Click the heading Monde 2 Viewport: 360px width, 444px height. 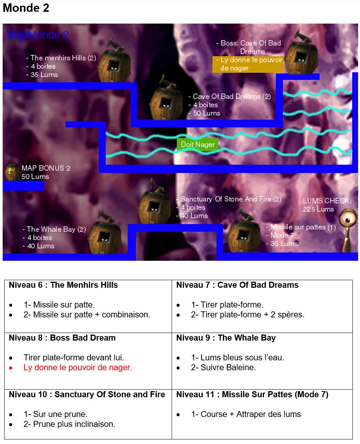(x=26, y=8)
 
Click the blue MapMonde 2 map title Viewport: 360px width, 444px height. (x=38, y=35)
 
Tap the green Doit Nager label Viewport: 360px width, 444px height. (x=198, y=144)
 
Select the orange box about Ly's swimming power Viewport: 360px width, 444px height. (x=248, y=64)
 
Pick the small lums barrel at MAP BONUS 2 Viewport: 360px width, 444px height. (x=13, y=172)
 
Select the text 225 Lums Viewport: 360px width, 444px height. (x=318, y=209)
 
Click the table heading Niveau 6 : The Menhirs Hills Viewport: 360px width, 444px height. (x=63, y=285)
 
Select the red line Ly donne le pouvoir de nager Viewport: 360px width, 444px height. (x=78, y=368)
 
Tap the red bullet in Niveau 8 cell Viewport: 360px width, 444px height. (x=11, y=368)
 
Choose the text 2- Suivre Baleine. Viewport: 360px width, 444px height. (x=223, y=368)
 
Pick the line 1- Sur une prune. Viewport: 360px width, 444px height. (x=55, y=414)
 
